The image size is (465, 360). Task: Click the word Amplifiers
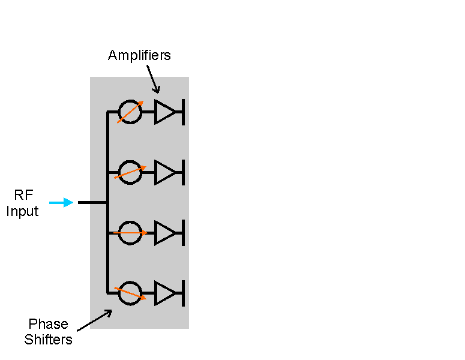click(139, 55)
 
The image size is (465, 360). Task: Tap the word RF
click(23, 195)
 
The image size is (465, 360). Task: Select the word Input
click(22, 212)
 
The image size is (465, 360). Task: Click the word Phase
click(49, 324)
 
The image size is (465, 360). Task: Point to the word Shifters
click(49, 340)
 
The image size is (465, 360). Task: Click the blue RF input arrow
click(61, 203)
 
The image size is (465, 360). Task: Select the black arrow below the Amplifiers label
click(154, 79)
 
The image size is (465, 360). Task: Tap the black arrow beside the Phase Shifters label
click(95, 320)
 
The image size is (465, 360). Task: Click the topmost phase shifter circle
click(130, 100)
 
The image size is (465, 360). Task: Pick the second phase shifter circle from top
click(130, 161)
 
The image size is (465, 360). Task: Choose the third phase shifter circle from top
click(130, 221)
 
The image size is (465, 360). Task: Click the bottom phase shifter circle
click(130, 282)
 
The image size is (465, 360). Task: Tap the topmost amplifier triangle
click(155, 112)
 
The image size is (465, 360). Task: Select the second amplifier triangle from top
click(155, 173)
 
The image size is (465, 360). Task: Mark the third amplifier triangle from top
click(155, 233)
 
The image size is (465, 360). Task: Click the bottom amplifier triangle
click(155, 293)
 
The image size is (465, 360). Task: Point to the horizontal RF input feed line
click(92, 203)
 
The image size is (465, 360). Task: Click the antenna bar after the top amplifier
click(183, 112)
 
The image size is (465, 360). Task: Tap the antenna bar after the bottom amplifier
click(183, 293)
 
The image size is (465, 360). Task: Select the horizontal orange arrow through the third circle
click(130, 233)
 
